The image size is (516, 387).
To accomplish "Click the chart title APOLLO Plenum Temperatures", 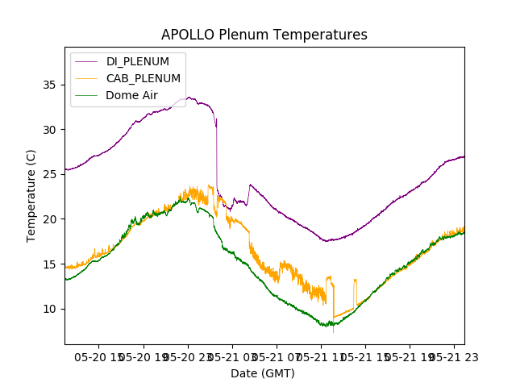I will pos(264,35).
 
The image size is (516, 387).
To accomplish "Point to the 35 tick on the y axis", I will pos(50,85).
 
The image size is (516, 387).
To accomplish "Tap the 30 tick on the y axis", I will pos(50,130).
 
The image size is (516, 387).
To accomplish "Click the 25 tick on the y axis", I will pos(50,174).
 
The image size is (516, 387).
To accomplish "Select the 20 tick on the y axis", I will pos(50,219).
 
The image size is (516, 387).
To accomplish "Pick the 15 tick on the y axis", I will pos(50,264).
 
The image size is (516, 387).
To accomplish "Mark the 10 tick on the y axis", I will pos(50,309).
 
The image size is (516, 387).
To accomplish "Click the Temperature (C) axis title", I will pos(31,195).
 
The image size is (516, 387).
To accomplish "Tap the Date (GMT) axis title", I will pos(263,373).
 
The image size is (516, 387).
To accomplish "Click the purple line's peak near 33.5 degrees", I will pos(188,98).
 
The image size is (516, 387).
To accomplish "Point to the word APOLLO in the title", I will pos(186,35).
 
